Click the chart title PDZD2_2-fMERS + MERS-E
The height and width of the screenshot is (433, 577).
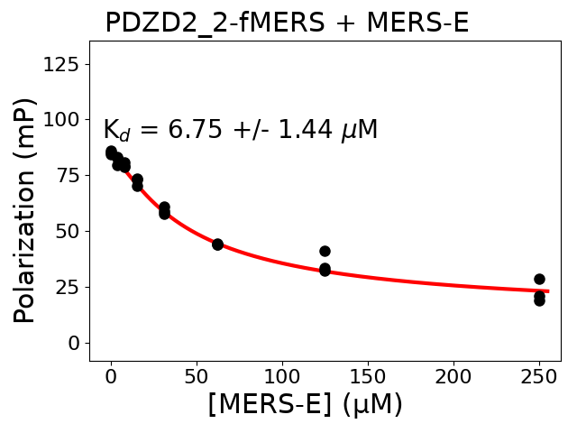(x=287, y=23)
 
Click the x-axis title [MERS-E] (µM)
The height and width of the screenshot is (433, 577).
(x=305, y=404)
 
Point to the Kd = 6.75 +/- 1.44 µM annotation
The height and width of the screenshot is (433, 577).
(x=240, y=130)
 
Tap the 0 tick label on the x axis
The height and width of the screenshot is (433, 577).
(x=111, y=375)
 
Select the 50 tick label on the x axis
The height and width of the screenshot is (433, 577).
(x=197, y=375)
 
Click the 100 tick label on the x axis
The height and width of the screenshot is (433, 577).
(x=282, y=375)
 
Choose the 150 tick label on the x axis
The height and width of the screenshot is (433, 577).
(x=368, y=375)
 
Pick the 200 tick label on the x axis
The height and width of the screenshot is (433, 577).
(x=453, y=375)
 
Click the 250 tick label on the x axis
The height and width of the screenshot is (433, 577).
(x=539, y=375)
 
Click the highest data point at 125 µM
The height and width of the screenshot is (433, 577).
(x=325, y=251)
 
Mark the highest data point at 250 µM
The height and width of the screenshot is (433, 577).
(x=539, y=279)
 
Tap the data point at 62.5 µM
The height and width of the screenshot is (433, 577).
(x=217, y=244)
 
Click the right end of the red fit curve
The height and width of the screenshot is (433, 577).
(x=547, y=291)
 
